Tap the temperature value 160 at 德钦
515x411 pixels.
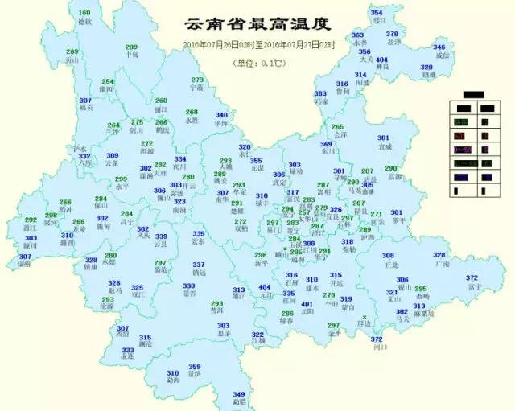click(84, 13)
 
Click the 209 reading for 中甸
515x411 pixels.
click(130, 47)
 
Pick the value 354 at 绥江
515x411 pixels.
click(377, 13)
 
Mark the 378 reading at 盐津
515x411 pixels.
click(392, 34)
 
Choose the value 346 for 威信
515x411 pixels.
click(439, 47)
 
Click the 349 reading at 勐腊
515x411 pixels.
click(238, 393)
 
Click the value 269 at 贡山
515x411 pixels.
click(72, 51)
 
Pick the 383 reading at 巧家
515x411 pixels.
click(321, 94)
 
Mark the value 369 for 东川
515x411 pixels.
click(326, 143)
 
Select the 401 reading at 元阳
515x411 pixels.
click(307, 304)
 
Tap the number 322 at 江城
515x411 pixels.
click(257, 334)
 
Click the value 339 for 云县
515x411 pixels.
click(161, 236)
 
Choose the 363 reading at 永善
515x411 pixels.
click(358, 35)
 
